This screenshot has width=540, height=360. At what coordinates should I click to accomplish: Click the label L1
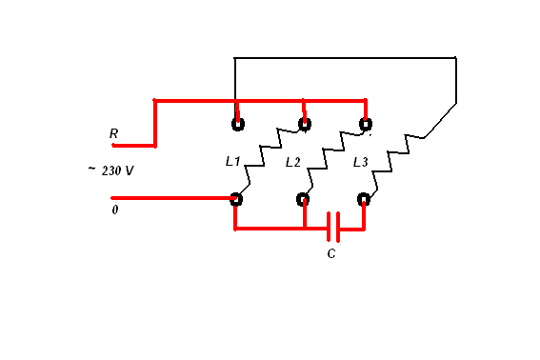click(232, 161)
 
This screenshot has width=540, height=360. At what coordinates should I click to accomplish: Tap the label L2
click(293, 162)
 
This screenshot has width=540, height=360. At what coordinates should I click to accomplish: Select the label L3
click(361, 162)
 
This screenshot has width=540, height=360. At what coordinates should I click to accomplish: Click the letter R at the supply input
click(113, 133)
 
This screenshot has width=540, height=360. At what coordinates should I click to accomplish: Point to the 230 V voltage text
click(117, 170)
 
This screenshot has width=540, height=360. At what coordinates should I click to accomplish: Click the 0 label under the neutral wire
click(115, 210)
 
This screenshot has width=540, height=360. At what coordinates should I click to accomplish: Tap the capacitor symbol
click(333, 227)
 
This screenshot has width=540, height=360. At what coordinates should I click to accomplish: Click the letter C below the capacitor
click(331, 253)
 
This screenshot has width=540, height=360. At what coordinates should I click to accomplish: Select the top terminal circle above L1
click(238, 124)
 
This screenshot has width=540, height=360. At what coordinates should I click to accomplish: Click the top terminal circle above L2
click(305, 124)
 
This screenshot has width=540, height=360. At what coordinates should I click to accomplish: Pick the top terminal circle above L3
click(366, 124)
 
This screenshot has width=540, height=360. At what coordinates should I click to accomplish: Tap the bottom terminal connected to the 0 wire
click(236, 199)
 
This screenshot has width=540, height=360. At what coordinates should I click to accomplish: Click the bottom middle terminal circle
click(303, 199)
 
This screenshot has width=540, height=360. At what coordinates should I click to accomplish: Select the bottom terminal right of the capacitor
click(364, 199)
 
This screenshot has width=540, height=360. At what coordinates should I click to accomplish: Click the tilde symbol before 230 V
click(91, 169)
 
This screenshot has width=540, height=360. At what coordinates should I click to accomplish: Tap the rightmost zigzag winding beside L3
click(399, 162)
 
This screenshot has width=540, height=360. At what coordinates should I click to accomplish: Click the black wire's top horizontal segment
click(345, 58)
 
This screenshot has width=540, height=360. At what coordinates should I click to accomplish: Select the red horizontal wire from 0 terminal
click(173, 198)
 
